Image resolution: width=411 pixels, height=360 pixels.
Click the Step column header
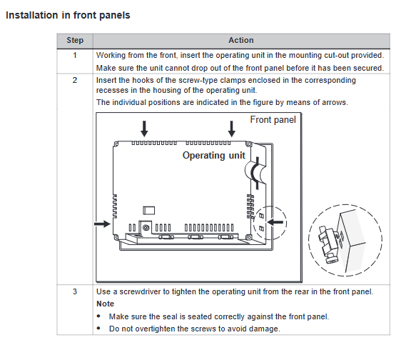tap(75, 40)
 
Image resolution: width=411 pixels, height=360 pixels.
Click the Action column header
tap(241, 40)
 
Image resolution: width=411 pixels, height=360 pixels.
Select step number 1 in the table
tap(75, 56)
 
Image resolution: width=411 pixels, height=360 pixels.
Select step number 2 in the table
tap(75, 80)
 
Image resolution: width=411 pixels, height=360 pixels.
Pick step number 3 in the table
tap(75, 291)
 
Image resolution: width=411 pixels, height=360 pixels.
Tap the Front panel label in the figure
tap(273, 120)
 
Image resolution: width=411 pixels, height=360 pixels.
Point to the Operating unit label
tap(214, 155)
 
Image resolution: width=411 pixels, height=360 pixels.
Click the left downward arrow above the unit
tap(144, 129)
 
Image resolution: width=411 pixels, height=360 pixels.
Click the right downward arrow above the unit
tap(231, 129)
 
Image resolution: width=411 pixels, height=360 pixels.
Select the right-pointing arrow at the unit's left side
tap(103, 224)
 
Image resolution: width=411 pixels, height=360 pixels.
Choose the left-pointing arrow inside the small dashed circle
tap(275, 222)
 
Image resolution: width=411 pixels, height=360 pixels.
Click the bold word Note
tap(105, 304)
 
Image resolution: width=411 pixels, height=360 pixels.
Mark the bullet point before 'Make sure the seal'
tap(98, 316)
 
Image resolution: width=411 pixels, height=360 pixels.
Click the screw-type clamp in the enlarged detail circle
tap(328, 244)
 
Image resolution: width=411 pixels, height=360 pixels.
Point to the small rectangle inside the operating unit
tap(149, 211)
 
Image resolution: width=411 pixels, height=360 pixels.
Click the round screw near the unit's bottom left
tap(146, 227)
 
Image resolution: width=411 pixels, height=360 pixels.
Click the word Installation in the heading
tap(31, 15)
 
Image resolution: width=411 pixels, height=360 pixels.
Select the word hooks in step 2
tap(143, 80)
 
